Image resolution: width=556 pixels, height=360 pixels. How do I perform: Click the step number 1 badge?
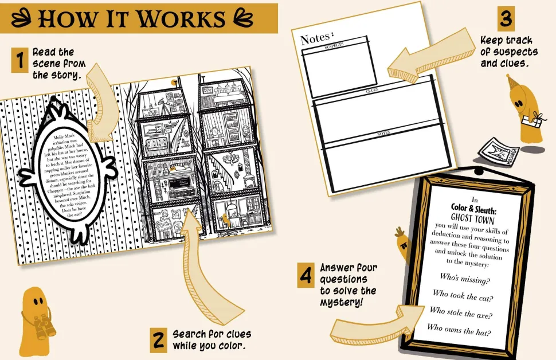(19, 60)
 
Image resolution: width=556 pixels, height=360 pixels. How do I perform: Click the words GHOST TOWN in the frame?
(472, 218)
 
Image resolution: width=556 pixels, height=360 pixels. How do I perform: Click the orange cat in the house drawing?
(228, 219)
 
